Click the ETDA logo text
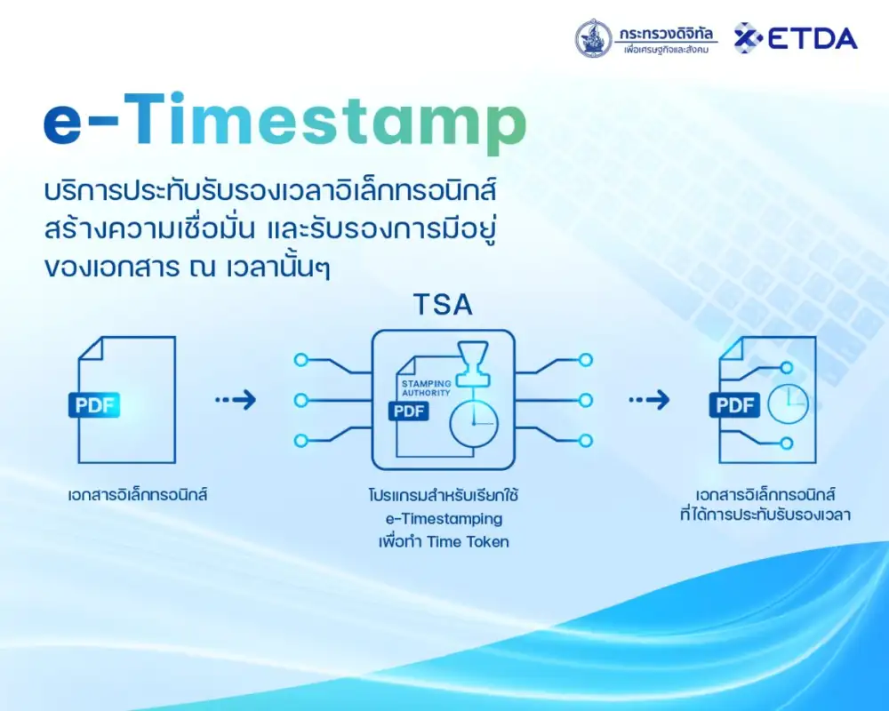pyautogui.click(x=812, y=38)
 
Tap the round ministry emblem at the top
pyautogui.click(x=593, y=38)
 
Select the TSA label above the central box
pyautogui.click(x=443, y=305)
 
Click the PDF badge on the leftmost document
pyautogui.click(x=94, y=405)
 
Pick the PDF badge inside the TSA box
pyautogui.click(x=409, y=411)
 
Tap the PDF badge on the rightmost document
pyautogui.click(x=735, y=405)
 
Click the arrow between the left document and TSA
pyautogui.click(x=236, y=400)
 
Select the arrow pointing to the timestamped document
pyautogui.click(x=649, y=400)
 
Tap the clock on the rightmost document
pyautogui.click(x=788, y=403)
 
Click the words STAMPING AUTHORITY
pyautogui.click(x=427, y=387)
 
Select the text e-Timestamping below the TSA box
pyautogui.click(x=444, y=519)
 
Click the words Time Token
pyautogui.click(x=468, y=542)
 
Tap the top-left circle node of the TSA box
pyautogui.click(x=301, y=359)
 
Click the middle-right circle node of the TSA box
pyautogui.click(x=586, y=400)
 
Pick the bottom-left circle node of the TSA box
pyautogui.click(x=301, y=441)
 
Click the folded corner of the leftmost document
pyautogui.click(x=90, y=348)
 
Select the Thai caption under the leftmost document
pyautogui.click(x=138, y=494)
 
